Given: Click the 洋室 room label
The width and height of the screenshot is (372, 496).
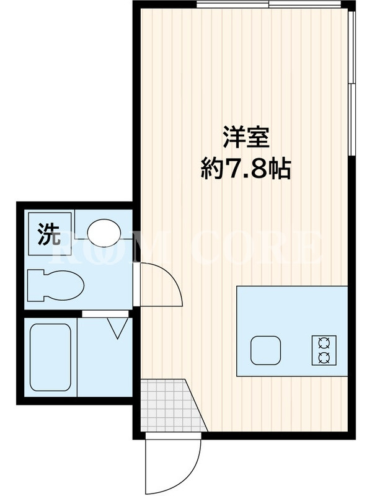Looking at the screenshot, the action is (246, 137).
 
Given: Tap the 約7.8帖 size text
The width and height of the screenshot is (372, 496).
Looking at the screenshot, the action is (246, 169).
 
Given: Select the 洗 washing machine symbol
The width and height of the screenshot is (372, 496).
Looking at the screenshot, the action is (50, 234).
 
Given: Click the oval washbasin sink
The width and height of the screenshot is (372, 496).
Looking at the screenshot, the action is (104, 232).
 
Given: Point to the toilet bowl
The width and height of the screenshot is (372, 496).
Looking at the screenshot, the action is (66, 285).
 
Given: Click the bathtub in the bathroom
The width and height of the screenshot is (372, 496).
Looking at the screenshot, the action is (50, 357).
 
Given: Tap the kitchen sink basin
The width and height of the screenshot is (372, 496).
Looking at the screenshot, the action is (266, 350).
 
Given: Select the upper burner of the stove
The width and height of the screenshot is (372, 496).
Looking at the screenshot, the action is (324, 343).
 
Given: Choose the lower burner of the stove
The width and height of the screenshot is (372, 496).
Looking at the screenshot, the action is (324, 358).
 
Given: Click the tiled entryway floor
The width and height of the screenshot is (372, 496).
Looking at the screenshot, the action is (170, 405).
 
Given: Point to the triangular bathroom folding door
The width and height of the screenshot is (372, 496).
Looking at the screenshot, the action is (118, 329).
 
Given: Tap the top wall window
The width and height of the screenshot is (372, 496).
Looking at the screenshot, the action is (269, 4).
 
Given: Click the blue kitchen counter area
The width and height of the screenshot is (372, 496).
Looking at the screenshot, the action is (292, 331).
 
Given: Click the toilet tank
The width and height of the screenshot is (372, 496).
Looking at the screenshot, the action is (35, 285).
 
